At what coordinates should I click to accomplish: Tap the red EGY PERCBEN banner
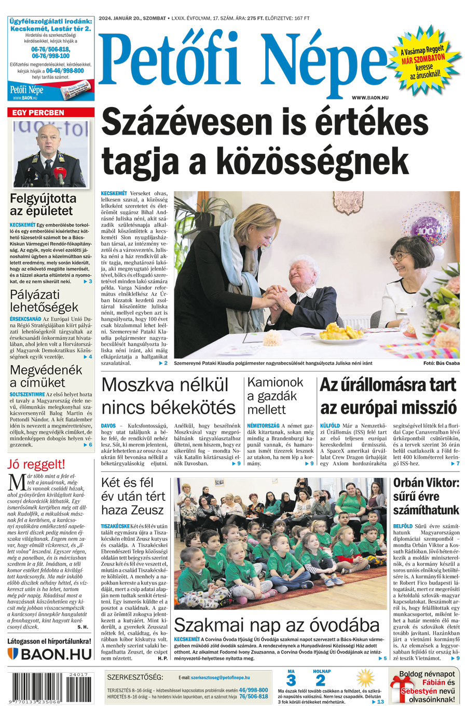(x=50, y=112)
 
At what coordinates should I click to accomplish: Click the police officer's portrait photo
(x=51, y=154)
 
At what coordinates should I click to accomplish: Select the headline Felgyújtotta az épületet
(x=43, y=205)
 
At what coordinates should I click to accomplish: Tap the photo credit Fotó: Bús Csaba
(x=441, y=363)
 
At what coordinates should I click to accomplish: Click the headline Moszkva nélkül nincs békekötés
(x=168, y=396)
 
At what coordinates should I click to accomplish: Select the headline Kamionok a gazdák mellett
(x=275, y=396)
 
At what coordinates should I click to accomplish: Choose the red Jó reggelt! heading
(x=36, y=464)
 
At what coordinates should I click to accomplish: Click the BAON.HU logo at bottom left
(x=50, y=653)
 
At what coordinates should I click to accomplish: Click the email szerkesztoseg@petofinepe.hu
(x=220, y=677)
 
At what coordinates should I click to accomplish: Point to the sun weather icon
(x=365, y=678)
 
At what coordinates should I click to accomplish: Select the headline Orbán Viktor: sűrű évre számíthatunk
(x=426, y=496)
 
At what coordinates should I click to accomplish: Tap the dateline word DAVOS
(x=108, y=425)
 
